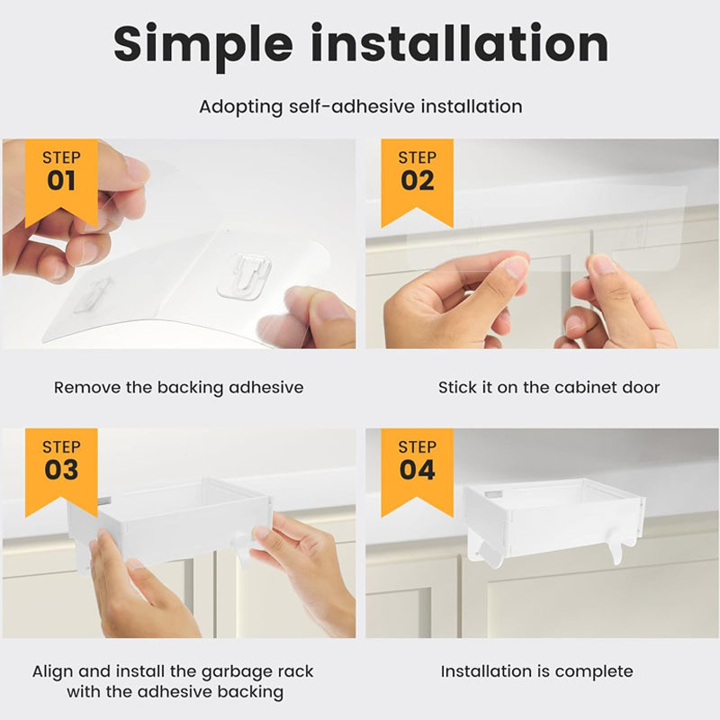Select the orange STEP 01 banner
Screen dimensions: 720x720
tap(61, 183)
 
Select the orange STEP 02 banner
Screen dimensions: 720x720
tap(418, 183)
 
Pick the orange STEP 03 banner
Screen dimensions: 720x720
tap(61, 472)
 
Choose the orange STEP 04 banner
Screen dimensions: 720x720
tap(418, 472)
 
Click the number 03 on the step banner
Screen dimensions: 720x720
tap(61, 470)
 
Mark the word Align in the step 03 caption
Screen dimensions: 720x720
tap(53, 671)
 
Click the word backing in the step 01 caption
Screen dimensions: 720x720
tap(190, 389)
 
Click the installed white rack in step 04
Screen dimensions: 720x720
tap(553, 520)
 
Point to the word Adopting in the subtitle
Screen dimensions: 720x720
tap(241, 107)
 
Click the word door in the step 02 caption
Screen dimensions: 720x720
tap(641, 388)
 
